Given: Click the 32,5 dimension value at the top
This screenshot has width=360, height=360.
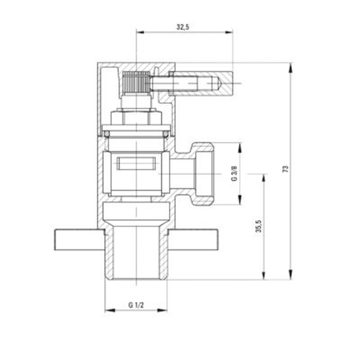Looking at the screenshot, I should pyautogui.click(x=184, y=27).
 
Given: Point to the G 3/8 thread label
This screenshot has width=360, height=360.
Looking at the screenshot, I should pyautogui.click(x=234, y=175).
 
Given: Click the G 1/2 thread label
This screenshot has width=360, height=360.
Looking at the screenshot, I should pyautogui.click(x=135, y=305).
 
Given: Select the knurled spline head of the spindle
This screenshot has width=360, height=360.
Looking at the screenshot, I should pyautogui.click(x=135, y=85).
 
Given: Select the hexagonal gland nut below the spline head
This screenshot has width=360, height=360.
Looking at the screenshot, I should pyautogui.click(x=135, y=118).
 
